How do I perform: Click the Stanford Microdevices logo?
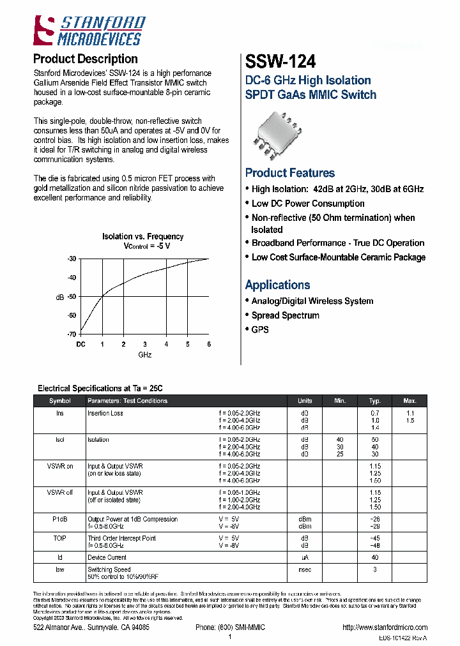tap(87, 31)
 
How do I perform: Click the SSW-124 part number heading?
tap(280, 61)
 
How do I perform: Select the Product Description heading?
tap(85, 59)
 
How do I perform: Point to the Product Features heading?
tap(289, 173)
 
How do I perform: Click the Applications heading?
tap(277, 285)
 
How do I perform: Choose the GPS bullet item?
tap(260, 329)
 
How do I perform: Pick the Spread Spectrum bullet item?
tap(285, 315)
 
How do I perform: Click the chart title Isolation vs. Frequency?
tap(142, 237)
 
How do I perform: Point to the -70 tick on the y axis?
tap(72, 334)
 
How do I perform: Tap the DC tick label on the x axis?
tap(81, 345)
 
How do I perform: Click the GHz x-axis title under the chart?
tap(144, 355)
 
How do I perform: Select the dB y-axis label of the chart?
tap(61, 297)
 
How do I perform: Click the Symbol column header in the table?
tap(60, 401)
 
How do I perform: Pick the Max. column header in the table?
tap(410, 401)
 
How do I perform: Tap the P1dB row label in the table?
tap(60, 520)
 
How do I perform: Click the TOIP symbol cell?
tap(60, 539)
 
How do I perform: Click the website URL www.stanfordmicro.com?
tap(384, 627)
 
